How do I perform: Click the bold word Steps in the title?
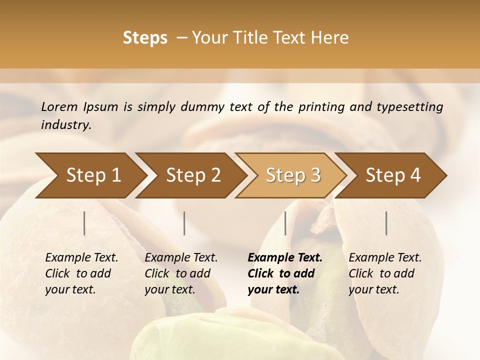coord(145,38)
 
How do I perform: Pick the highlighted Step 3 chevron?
coord(291,175)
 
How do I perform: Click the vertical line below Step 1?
coord(84,223)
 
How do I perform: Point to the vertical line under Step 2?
coord(184,223)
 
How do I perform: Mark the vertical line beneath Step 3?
coord(285,223)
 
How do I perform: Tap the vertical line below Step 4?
coord(386,223)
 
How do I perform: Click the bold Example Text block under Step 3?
coord(285,273)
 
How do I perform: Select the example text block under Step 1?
coord(81,273)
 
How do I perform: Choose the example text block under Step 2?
coord(181,273)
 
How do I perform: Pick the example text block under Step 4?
coord(385,273)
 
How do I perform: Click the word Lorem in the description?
coord(59,107)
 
